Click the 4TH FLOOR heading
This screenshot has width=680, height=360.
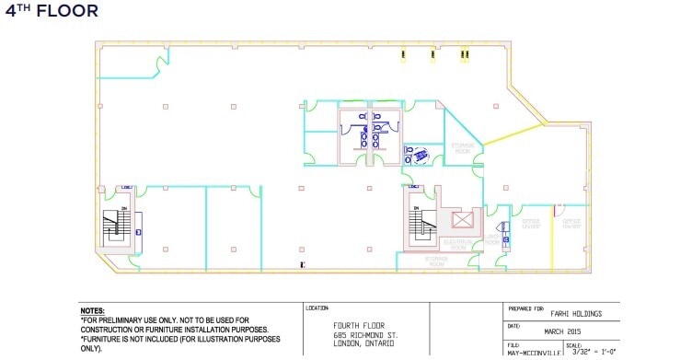(52, 12)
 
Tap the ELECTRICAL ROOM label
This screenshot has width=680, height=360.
(457, 244)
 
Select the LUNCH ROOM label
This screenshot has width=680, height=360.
(492, 238)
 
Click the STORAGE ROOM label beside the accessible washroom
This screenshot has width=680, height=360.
(462, 147)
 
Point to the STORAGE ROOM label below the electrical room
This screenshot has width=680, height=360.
(436, 261)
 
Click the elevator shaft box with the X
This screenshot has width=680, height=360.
(461, 220)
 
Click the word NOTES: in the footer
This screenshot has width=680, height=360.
(92, 311)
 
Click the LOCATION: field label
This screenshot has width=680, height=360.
(318, 308)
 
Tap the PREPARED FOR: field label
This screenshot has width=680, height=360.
(527, 308)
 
